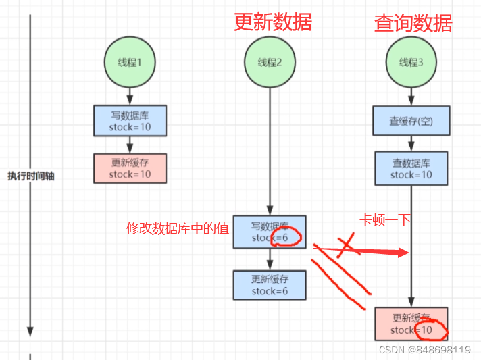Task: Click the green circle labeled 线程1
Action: (x=130, y=63)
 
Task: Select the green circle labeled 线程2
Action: (x=270, y=63)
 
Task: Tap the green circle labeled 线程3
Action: (x=410, y=63)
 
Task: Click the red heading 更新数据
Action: (x=273, y=22)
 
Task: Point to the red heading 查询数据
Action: (x=413, y=24)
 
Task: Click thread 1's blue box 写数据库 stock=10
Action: (x=130, y=121)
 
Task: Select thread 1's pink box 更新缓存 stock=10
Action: (x=130, y=168)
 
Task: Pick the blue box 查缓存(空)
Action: (x=410, y=121)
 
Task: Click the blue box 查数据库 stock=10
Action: (x=410, y=168)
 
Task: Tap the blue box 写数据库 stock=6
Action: (x=270, y=232)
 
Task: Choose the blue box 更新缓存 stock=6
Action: (x=270, y=285)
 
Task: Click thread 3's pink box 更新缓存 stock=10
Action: (x=411, y=324)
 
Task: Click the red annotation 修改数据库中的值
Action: (x=178, y=228)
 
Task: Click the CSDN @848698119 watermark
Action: (x=424, y=350)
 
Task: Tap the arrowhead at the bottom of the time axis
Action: (x=30, y=330)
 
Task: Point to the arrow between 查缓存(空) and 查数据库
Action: (x=410, y=143)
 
